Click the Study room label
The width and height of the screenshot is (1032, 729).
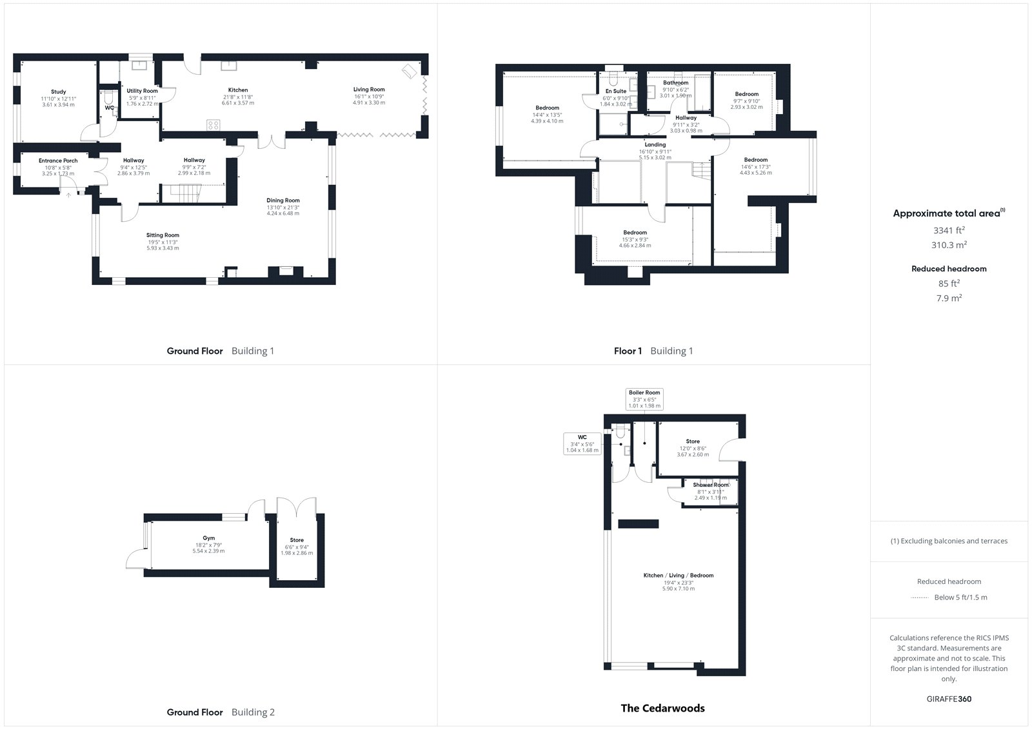59,92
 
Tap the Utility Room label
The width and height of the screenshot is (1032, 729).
142,91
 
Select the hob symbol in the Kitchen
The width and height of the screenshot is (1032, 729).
213,124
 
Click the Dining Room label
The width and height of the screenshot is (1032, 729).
283,200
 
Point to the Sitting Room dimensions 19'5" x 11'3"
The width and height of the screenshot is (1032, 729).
163,242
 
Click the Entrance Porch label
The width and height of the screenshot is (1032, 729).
58,160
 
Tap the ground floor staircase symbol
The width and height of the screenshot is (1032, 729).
183,193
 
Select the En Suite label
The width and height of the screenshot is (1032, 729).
616,91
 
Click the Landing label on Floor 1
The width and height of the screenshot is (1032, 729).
655,144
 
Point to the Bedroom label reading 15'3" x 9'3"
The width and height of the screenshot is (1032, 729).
635,233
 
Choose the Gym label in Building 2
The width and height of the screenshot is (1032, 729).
209,538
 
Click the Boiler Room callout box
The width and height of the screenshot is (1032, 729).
644,399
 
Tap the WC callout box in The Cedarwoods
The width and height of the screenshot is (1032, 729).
582,443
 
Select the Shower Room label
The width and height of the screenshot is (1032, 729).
711,485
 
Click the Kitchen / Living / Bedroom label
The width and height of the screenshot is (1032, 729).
679,575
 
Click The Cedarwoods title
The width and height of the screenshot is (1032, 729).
662,708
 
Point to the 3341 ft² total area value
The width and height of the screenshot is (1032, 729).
949,230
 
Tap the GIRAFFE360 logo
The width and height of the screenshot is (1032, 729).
949,699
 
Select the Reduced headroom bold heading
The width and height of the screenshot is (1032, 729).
949,269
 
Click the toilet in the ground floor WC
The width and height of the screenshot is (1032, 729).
109,97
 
